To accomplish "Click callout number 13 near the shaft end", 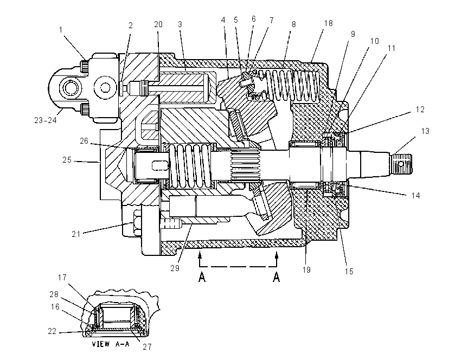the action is [425, 131].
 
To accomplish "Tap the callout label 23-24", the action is [45, 120].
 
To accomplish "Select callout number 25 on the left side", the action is [67, 160].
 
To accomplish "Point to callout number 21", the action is [76, 234].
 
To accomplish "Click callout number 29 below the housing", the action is [175, 268].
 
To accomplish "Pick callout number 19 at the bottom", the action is [306, 269].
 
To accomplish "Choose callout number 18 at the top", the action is [328, 23].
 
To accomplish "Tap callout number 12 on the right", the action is [420, 110].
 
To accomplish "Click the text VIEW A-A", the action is [111, 344].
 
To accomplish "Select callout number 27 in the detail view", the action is [147, 347].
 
